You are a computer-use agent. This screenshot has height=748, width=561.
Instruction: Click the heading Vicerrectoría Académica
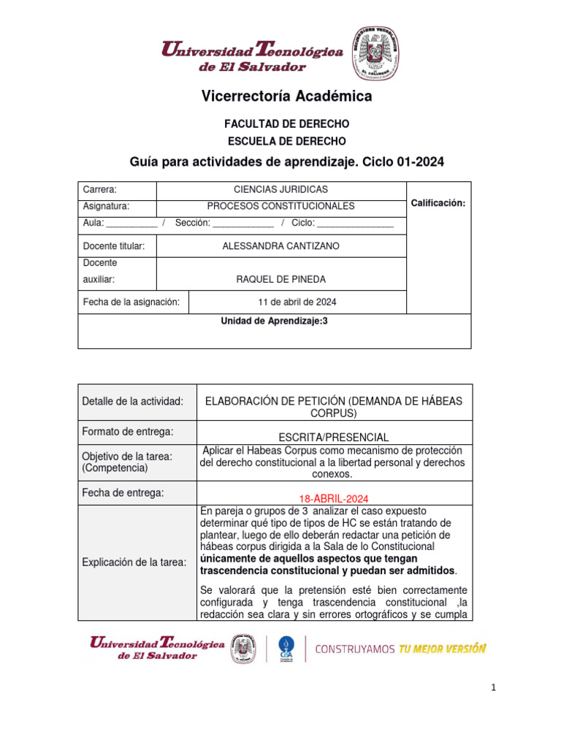(286, 96)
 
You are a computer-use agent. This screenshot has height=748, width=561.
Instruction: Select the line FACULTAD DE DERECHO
(286, 124)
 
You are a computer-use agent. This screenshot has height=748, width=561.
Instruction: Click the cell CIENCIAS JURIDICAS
(280, 190)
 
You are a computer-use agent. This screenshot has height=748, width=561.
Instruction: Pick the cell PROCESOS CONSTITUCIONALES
(280, 207)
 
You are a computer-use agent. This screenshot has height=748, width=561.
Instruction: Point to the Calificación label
(438, 203)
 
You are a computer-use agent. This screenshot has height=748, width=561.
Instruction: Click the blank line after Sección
(244, 224)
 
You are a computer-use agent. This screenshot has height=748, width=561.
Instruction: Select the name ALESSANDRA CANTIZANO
(280, 246)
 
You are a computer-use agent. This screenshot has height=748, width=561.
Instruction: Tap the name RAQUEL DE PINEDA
(280, 279)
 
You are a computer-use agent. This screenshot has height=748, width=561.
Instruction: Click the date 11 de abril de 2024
(297, 302)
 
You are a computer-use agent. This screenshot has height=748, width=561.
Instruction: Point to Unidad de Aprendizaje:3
(275, 321)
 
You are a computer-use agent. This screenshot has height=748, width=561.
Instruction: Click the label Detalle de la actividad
(132, 402)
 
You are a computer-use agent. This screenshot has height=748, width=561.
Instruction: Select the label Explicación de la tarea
(134, 562)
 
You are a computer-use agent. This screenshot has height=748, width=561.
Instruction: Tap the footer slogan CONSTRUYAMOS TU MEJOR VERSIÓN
(400, 648)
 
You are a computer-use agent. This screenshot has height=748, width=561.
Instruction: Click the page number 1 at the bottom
(494, 687)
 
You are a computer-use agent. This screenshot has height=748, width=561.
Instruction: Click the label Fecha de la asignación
(131, 302)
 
